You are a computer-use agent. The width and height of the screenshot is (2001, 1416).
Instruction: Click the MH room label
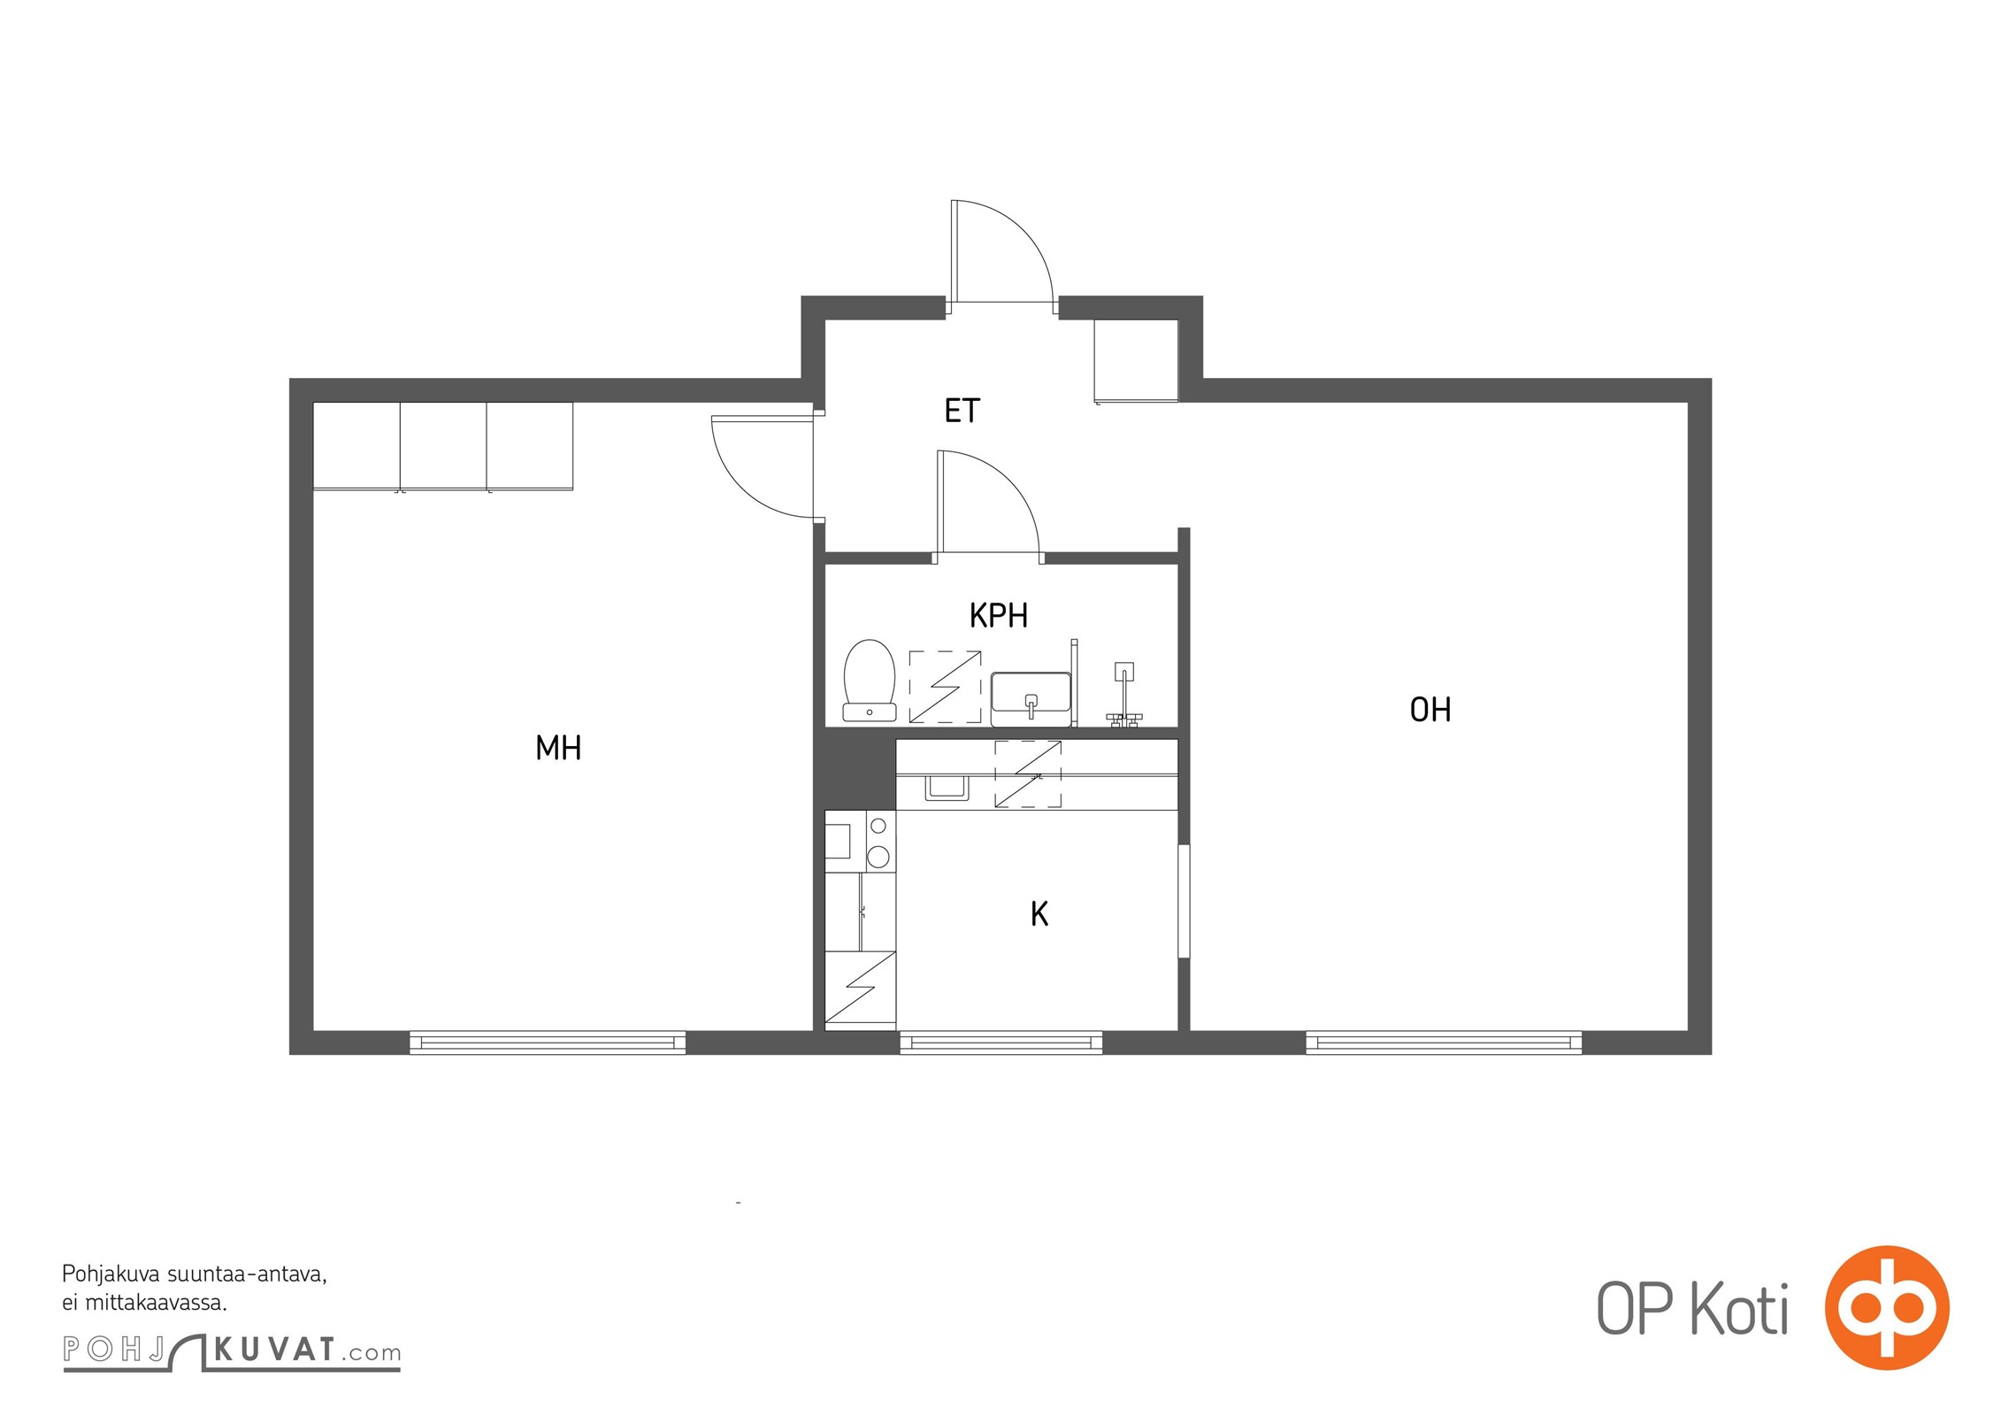558,748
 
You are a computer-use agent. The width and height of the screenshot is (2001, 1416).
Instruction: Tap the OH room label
1430,709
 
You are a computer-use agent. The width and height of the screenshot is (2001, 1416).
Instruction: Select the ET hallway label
962,411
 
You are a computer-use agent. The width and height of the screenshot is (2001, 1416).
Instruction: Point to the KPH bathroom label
999,615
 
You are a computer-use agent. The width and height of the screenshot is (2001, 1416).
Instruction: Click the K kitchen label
1039,913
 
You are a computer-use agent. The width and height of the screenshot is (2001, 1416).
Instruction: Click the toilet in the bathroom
870,680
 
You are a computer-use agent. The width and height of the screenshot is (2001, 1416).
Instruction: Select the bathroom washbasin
1031,693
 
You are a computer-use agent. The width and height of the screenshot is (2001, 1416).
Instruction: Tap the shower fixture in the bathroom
1123,695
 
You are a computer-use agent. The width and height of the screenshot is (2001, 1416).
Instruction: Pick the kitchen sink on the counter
947,787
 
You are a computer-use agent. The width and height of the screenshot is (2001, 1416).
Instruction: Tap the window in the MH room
548,1043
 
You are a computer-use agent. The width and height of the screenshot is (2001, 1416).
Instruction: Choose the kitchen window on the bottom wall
1000,1043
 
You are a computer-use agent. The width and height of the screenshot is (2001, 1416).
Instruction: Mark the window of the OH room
1444,1043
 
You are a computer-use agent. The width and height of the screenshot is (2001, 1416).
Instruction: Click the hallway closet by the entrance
1136,361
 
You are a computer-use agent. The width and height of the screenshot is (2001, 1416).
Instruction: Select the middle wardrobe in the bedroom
443,446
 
